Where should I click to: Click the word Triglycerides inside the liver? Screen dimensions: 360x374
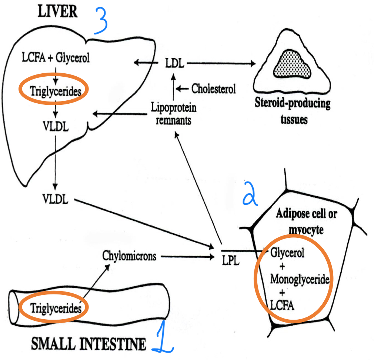pyautogui.click(x=54, y=90)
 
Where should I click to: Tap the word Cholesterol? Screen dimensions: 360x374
pyautogui.click(x=214, y=89)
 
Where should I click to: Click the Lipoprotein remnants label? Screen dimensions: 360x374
pyautogui.click(x=174, y=114)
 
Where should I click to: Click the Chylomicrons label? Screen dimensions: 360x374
pyautogui.click(x=129, y=256)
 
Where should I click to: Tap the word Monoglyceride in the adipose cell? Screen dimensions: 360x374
pyautogui.click(x=299, y=279)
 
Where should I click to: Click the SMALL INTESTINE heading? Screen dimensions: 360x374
pyautogui.click(x=89, y=345)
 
